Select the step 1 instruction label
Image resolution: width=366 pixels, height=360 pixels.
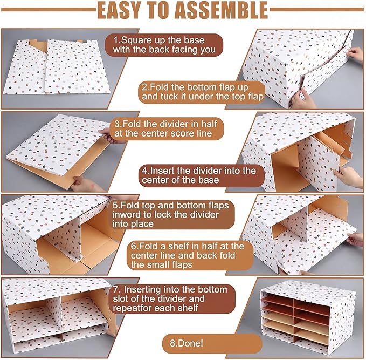tap(164, 45)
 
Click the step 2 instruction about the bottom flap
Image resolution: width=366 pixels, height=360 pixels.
tap(202, 92)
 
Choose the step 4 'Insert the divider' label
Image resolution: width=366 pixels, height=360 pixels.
tap(202, 175)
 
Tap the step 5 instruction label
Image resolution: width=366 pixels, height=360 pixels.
tap(171, 215)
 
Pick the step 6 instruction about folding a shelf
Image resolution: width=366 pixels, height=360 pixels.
tap(190, 255)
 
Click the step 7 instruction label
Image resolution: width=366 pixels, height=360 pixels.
tap(172, 299)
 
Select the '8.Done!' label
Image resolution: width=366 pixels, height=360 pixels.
tap(212, 343)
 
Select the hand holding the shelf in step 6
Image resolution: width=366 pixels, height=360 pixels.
tap(355, 239)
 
